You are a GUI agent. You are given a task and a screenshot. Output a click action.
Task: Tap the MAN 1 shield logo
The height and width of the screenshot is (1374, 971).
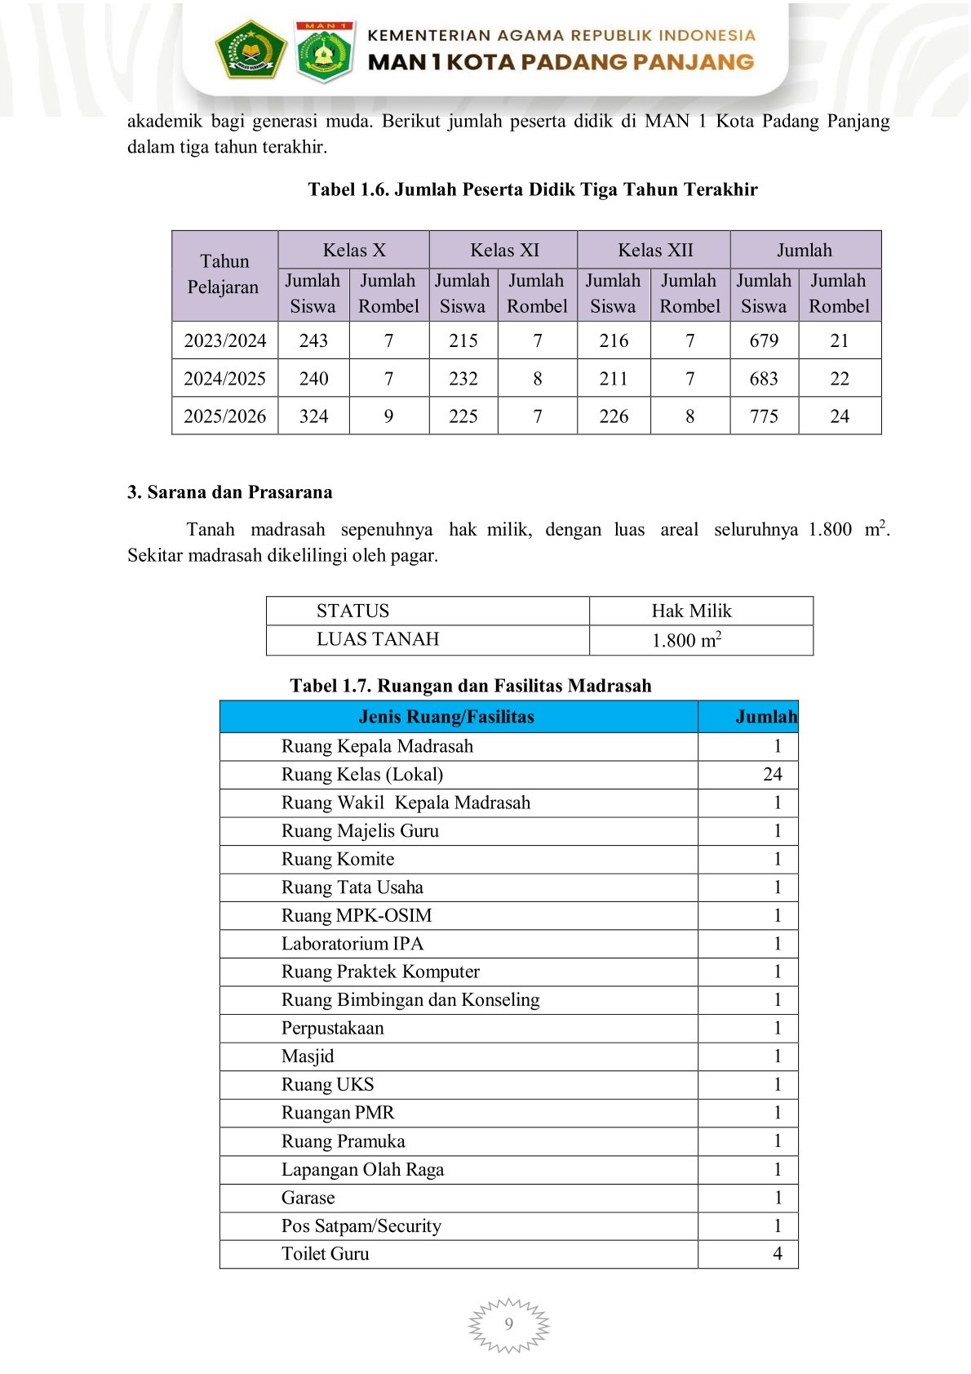[x=324, y=51]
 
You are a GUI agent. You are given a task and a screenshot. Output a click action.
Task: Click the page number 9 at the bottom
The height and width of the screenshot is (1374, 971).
[x=509, y=1323]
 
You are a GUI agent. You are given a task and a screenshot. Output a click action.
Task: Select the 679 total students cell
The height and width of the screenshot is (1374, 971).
[x=764, y=340]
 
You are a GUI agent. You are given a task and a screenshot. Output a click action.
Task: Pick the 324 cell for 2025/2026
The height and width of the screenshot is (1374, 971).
[x=313, y=416]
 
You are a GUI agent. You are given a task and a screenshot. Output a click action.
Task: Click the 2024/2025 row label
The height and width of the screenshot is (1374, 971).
[x=224, y=379]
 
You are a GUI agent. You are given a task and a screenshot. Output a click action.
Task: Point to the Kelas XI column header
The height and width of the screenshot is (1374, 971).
[x=504, y=250]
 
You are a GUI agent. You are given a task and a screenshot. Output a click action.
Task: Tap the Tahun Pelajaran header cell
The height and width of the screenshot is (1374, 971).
[x=224, y=274]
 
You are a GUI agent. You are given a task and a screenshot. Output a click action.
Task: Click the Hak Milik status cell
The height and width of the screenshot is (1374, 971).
[x=691, y=611]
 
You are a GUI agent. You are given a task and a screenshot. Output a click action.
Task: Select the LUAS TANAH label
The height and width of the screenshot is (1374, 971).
[x=377, y=639]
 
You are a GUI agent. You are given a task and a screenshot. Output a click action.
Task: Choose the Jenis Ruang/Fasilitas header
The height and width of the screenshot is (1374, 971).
[x=446, y=717]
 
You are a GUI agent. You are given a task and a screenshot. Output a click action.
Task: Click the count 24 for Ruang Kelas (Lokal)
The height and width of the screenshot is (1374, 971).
[x=772, y=774]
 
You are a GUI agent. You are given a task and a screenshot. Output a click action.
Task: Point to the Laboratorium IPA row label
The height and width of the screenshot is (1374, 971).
[x=352, y=944]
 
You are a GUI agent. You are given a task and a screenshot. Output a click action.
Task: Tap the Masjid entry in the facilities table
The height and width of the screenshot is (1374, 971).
[x=308, y=1056]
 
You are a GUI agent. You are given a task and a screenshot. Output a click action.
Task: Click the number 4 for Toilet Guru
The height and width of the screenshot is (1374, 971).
[x=778, y=1253]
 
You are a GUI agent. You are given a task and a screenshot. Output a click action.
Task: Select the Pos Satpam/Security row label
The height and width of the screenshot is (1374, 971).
[x=361, y=1225]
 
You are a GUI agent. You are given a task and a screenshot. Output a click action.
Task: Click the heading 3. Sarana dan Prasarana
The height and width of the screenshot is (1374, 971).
[x=230, y=492]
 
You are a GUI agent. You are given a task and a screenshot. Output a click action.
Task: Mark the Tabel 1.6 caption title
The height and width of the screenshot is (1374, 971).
[x=532, y=189]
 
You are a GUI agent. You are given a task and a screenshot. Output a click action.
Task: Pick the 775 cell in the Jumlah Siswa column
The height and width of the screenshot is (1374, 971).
[x=764, y=416]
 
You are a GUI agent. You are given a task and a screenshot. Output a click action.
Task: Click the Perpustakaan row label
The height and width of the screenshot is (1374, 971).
[x=332, y=1028]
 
